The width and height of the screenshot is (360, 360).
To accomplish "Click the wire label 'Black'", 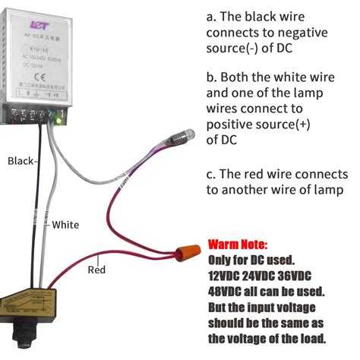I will coord(20,160).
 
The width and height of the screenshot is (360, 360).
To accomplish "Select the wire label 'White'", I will coord(66,225).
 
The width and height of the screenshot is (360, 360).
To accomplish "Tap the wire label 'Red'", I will coord(96,269).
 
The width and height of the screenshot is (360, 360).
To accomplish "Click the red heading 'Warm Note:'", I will coord(237,245).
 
